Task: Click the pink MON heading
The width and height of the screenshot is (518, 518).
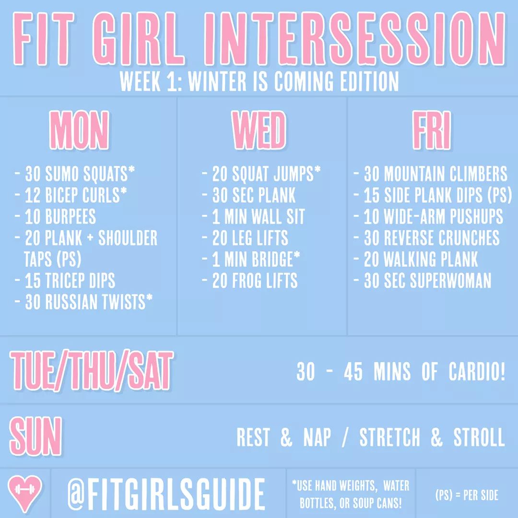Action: [x=79, y=130]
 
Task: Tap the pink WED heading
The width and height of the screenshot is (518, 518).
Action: [x=259, y=130]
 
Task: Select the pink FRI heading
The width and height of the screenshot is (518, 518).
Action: [x=432, y=130]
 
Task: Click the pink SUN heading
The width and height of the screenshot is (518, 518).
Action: [x=35, y=436]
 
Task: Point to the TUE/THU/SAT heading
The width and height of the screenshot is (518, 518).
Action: [x=92, y=370]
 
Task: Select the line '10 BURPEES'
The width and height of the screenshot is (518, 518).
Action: [x=56, y=216]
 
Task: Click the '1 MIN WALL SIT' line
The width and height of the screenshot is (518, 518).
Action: [x=253, y=216]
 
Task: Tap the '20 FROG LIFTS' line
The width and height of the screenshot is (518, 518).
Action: [x=250, y=281]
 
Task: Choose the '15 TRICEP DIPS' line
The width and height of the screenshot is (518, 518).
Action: [x=65, y=281]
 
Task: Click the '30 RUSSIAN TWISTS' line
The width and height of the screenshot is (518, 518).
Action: [x=84, y=302]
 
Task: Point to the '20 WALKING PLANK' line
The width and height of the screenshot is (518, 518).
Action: [x=415, y=259]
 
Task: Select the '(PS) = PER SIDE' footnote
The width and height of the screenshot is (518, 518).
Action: [x=467, y=495]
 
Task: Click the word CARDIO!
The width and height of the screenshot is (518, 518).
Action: [x=477, y=371]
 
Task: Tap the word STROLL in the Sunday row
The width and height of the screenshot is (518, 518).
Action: [x=479, y=437]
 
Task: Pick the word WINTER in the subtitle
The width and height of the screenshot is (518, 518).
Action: [x=217, y=81]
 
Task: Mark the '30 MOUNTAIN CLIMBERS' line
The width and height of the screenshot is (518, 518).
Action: [x=430, y=174]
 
